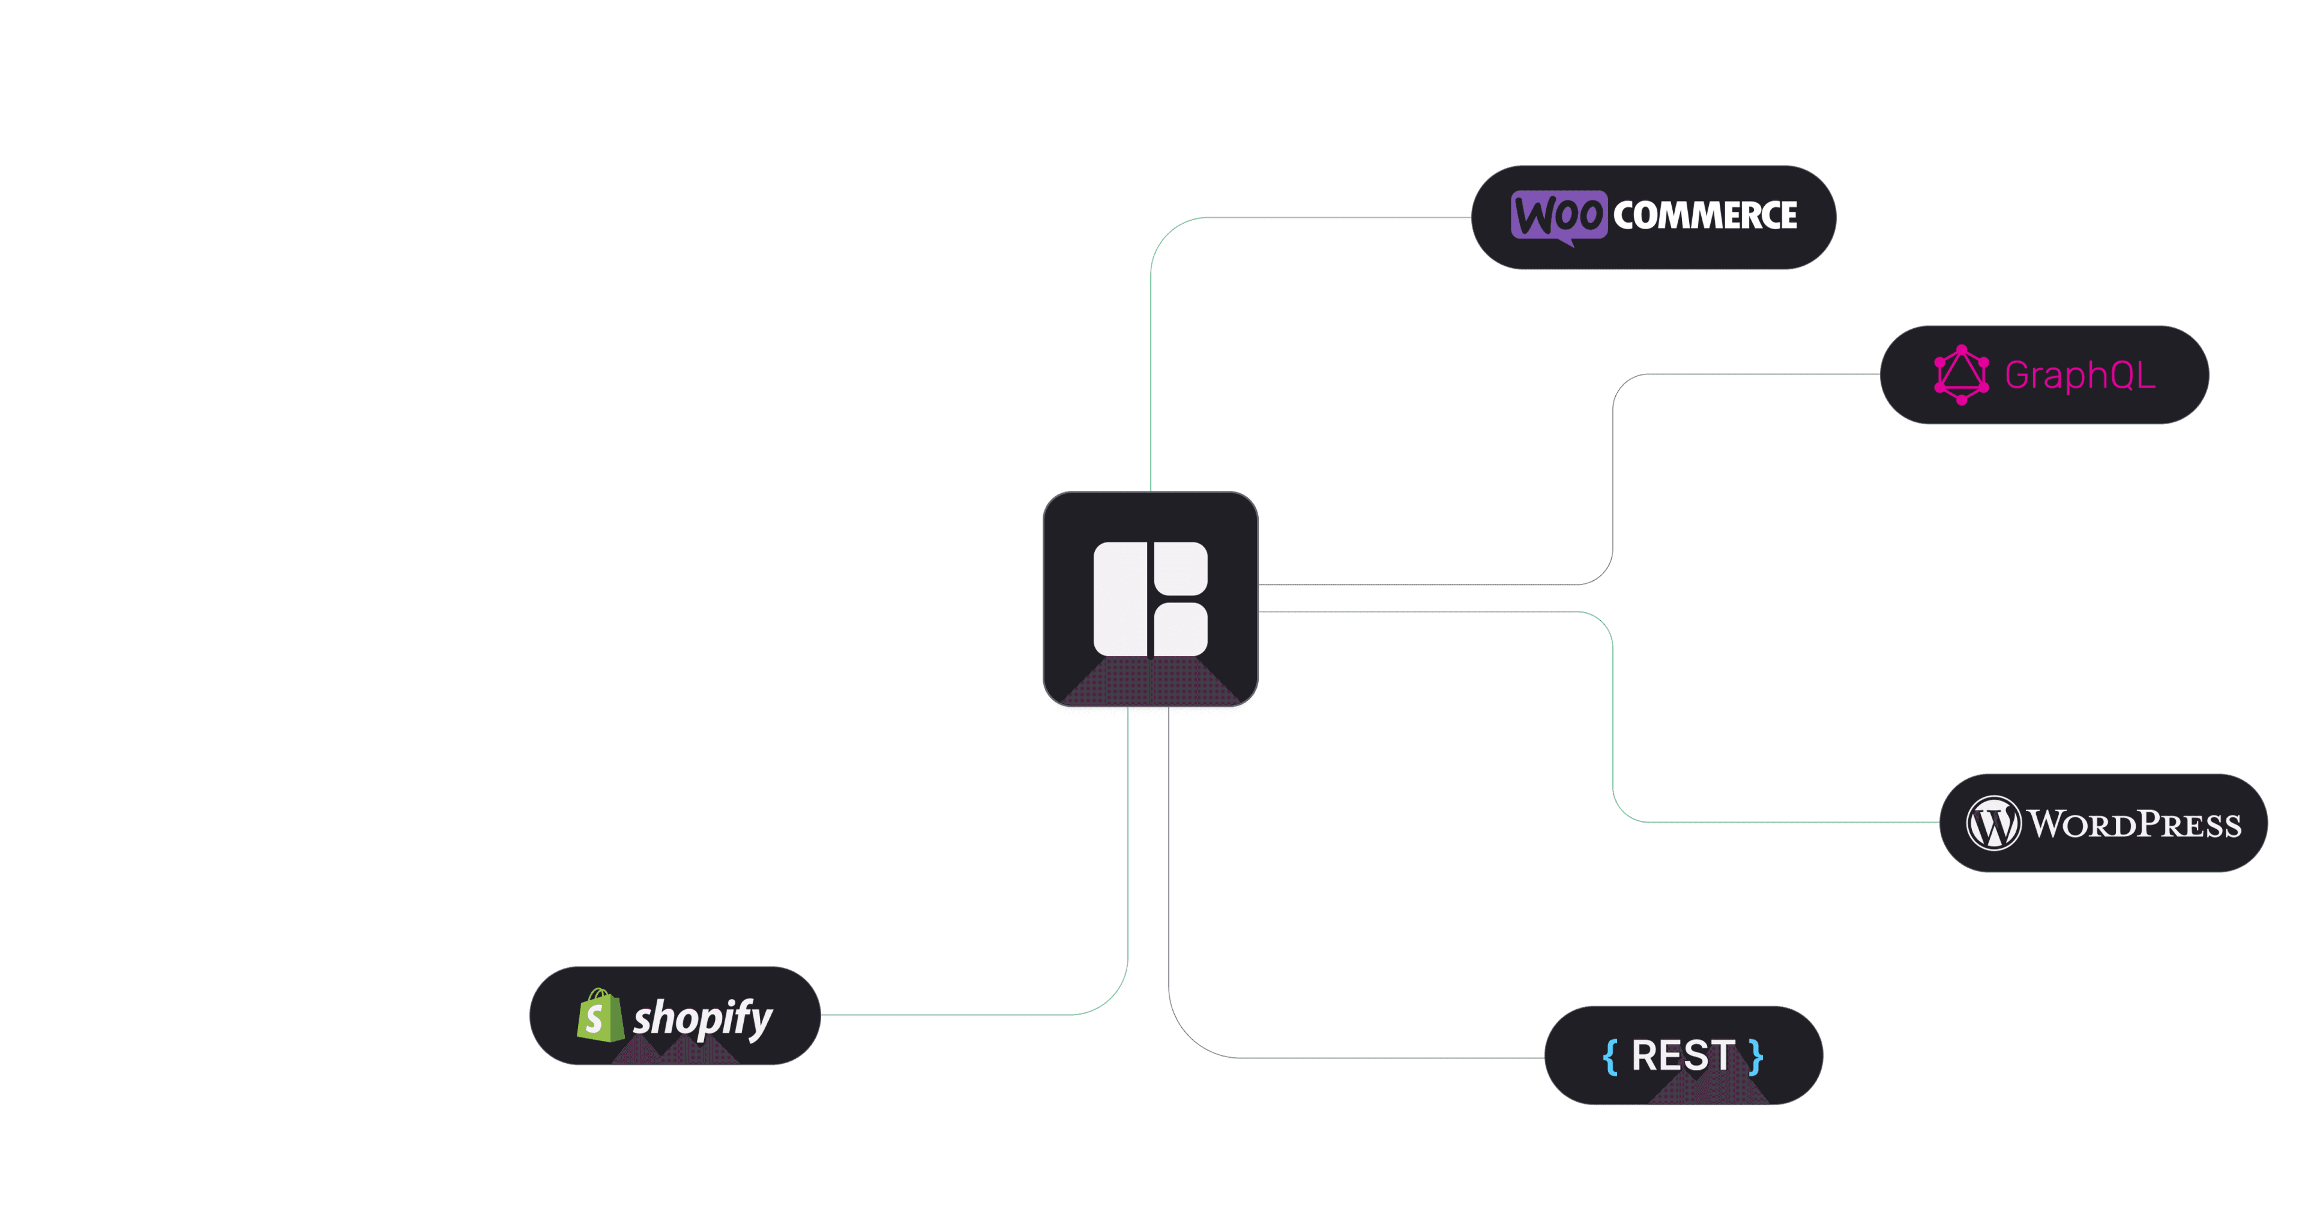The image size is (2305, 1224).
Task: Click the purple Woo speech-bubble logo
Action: (1558, 215)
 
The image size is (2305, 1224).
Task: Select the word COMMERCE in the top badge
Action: (1705, 215)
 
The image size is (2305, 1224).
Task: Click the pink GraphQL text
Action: (2079, 375)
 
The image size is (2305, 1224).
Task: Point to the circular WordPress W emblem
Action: (1993, 823)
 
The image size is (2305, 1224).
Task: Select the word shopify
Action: (702, 1018)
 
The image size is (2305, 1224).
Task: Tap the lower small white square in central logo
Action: (1180, 629)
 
